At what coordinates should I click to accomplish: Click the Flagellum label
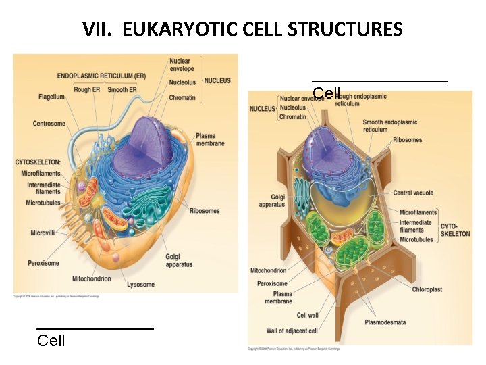51,97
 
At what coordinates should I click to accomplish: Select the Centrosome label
49,124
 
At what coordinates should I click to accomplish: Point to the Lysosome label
140,285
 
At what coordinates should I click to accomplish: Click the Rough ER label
86,90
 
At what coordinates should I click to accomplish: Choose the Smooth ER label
122,90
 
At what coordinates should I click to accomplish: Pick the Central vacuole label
413,193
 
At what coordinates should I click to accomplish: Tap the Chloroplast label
427,289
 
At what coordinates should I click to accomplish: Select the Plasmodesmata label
385,322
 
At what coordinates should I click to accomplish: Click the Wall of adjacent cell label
292,331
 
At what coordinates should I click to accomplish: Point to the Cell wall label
307,315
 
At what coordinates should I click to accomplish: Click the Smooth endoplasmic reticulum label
389,126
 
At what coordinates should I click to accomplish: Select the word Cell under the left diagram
51,340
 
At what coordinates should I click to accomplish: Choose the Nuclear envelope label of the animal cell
182,65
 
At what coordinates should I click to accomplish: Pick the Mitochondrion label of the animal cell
92,278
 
